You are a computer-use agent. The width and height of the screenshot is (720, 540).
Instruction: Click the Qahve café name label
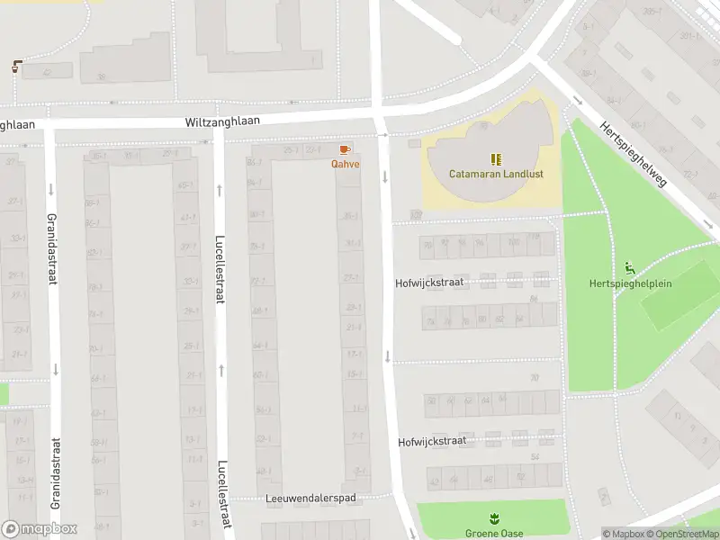click(x=345, y=164)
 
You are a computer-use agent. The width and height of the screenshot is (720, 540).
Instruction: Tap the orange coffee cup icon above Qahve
click(x=345, y=149)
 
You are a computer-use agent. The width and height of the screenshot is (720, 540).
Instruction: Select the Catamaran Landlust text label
click(x=490, y=174)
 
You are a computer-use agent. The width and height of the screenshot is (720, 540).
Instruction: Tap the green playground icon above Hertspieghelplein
click(x=630, y=268)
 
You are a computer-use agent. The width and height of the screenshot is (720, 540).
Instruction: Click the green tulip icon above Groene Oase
click(x=492, y=518)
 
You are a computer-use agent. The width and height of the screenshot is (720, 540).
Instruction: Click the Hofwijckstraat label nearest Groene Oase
click(x=432, y=441)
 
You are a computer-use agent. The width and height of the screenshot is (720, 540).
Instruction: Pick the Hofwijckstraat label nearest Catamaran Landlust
click(x=429, y=282)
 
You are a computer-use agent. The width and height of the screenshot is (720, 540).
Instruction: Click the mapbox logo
click(x=40, y=529)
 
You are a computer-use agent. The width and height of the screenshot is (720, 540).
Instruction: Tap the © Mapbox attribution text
click(x=622, y=534)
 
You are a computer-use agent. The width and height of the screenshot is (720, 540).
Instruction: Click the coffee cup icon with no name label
click(x=17, y=67)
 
